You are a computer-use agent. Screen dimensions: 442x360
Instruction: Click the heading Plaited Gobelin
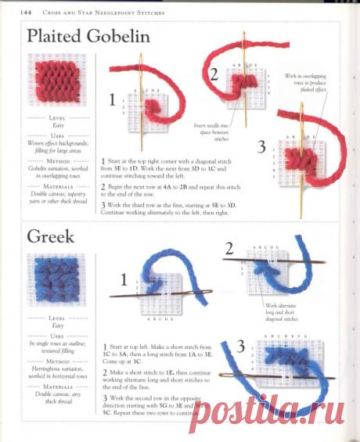pos(88,37)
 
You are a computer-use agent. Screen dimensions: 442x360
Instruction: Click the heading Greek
pos(52,235)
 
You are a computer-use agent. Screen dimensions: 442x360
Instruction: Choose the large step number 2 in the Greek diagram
pos(229,250)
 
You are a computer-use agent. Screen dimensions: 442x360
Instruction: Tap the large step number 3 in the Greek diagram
pos(241,345)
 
